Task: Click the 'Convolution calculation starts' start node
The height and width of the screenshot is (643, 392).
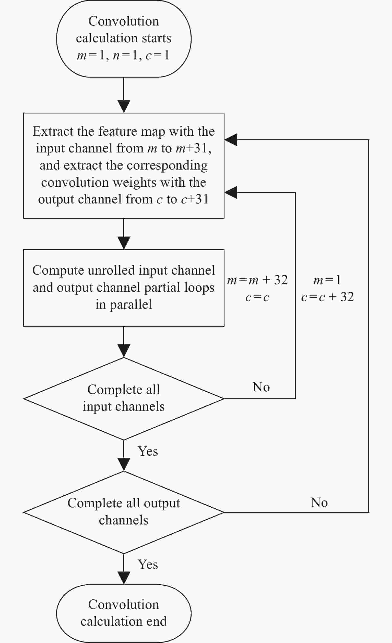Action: point(124,38)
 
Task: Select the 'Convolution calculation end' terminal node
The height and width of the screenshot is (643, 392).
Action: point(124,613)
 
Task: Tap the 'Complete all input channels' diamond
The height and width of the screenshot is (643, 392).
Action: point(124,398)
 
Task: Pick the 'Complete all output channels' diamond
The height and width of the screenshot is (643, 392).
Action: point(124,512)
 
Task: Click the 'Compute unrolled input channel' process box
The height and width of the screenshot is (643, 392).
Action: point(124,288)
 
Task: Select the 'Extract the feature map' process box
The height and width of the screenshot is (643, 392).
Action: point(124,166)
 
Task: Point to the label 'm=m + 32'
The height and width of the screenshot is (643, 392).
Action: point(257,280)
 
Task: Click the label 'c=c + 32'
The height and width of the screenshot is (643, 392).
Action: point(327,297)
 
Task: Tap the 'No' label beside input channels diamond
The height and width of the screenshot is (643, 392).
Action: point(261,387)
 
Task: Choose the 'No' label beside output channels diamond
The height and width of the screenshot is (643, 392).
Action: point(319,502)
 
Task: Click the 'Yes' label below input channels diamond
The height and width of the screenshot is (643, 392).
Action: point(148,451)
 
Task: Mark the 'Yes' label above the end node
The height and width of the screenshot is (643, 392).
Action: point(148,564)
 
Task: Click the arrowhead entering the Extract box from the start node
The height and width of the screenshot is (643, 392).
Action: point(124,107)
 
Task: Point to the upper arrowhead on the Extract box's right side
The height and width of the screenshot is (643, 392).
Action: point(231,140)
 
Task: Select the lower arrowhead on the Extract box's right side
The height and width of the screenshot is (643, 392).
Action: point(231,192)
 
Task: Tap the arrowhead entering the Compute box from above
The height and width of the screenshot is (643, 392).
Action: point(124,243)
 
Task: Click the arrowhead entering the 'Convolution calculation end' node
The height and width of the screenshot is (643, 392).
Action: point(124,578)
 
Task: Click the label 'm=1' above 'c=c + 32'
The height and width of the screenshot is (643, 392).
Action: point(327,280)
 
